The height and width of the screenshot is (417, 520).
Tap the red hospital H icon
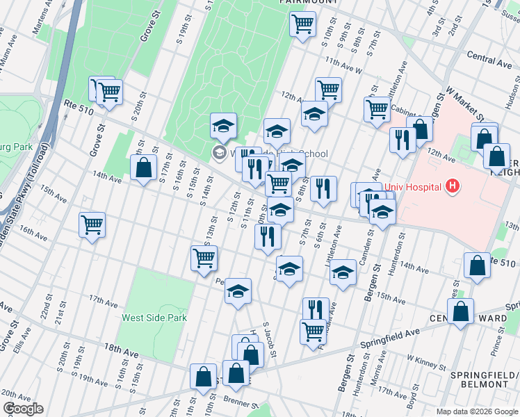click(453, 186)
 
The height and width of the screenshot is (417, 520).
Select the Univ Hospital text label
click(413, 186)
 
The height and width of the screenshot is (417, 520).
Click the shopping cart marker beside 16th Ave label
click(92, 224)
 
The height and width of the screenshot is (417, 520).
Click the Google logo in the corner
click(22, 409)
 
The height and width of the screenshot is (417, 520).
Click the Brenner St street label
click(241, 402)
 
